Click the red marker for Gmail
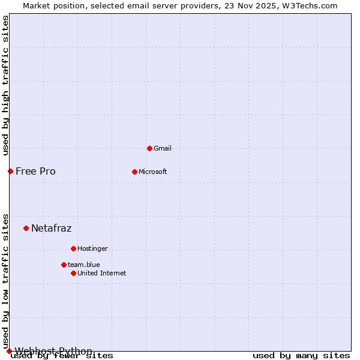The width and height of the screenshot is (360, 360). click(x=149, y=148)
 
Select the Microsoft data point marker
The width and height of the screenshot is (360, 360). click(x=134, y=172)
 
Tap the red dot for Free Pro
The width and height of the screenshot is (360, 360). click(x=10, y=172)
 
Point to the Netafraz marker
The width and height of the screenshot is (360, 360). click(x=26, y=228)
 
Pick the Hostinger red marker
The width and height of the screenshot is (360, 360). click(x=73, y=248)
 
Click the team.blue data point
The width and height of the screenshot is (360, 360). click(x=64, y=265)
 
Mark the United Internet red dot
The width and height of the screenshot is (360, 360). click(x=73, y=273)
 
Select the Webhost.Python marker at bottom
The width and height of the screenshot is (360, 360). click(x=9, y=351)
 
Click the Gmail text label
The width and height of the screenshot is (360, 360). click(x=163, y=148)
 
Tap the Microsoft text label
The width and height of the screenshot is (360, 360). click(x=152, y=172)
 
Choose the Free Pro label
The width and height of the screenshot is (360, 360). click(x=35, y=172)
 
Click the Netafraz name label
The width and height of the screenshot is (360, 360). click(x=51, y=228)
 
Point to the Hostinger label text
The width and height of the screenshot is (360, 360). click(x=92, y=248)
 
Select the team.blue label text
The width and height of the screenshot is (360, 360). click(x=83, y=265)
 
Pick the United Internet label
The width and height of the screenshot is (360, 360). click(x=101, y=273)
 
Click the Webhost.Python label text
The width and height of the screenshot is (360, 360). click(x=53, y=351)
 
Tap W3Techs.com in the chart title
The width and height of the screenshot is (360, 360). click(x=311, y=6)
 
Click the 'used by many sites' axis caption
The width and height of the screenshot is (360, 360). click(x=301, y=356)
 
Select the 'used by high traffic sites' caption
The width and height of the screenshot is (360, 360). click(x=6, y=85)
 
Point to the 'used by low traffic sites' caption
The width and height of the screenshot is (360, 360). click(x=6, y=281)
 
